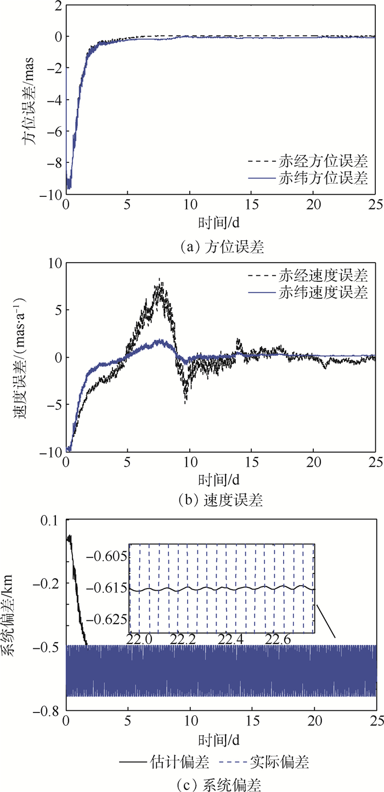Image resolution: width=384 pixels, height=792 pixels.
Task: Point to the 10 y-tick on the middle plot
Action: point(52,263)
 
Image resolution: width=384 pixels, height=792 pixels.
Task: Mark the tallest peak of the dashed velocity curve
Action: point(160,279)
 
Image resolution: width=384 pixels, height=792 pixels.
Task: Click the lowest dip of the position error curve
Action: point(69,188)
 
